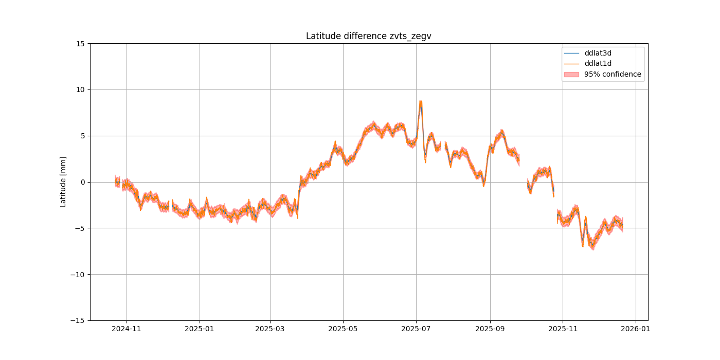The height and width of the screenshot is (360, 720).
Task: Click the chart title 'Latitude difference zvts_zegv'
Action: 368,36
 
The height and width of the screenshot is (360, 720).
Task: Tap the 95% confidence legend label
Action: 613,74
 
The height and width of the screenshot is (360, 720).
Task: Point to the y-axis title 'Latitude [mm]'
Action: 63,182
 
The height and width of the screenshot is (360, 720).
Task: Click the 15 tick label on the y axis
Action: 81,44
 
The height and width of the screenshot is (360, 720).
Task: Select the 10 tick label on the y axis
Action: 81,89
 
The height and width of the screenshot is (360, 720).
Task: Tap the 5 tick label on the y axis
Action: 82,136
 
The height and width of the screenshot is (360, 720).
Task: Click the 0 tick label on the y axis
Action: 82,182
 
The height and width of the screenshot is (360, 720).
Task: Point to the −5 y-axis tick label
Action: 80,228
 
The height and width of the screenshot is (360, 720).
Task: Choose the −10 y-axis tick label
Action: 78,274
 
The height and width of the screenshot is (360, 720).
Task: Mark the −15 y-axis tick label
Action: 78,320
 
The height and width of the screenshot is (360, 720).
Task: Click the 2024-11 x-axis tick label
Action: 127,329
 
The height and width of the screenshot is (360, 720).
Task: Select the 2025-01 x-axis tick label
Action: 200,329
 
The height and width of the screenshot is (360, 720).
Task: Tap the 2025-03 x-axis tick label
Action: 271,329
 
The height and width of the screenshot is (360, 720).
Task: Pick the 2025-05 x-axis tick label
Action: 343,329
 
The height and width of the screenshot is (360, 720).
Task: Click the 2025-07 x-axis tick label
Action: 416,329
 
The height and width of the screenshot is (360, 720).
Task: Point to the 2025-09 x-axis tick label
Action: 490,329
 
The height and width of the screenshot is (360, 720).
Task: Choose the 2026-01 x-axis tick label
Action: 636,329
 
